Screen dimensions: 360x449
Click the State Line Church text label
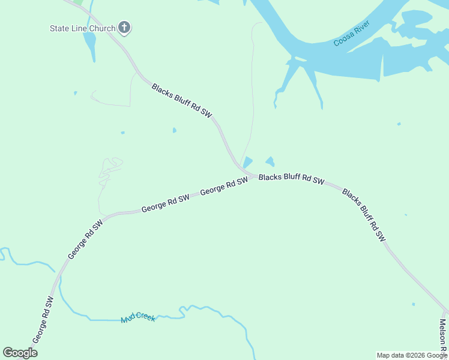coord(82,28)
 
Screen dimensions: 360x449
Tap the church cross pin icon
coord(125,27)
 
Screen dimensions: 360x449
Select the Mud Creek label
coord(138,317)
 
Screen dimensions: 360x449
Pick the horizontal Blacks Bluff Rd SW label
coord(292,179)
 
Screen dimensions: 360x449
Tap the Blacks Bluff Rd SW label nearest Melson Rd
coord(364,215)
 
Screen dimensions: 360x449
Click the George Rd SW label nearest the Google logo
coord(43,320)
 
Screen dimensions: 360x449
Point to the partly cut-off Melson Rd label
coord(442,336)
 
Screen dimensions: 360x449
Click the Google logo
coord(20,353)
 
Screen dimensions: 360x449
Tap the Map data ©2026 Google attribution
coord(412,355)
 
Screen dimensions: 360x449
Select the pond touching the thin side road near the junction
coord(247,163)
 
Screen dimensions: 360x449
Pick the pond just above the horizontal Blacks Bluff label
coord(270,161)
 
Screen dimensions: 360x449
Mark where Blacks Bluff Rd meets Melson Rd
coord(445,311)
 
